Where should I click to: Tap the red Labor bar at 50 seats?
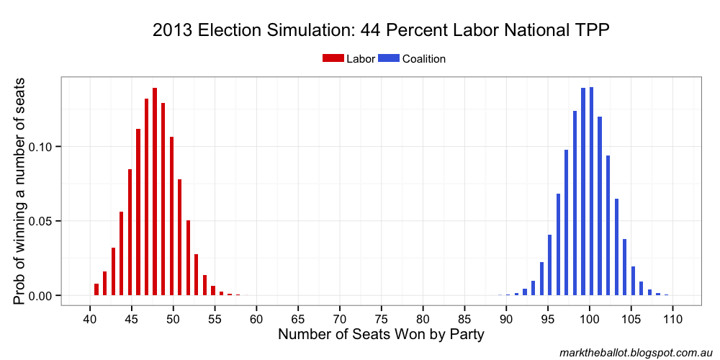pyautogui.click(x=171, y=216)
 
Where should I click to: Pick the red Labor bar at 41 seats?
pyautogui.click(x=96, y=289)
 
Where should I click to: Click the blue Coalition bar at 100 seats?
pyautogui.click(x=591, y=191)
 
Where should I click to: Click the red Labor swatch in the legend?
pyautogui.click(x=333, y=59)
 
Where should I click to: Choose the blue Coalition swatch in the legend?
pyautogui.click(x=389, y=59)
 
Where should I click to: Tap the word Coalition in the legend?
pyautogui.click(x=424, y=59)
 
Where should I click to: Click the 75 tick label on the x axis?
pyautogui.click(x=382, y=318)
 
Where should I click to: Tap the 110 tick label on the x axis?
pyautogui.click(x=672, y=318)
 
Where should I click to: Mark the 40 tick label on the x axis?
pyautogui.click(x=90, y=318)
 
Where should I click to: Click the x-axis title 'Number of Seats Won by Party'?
pyautogui.click(x=381, y=335)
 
